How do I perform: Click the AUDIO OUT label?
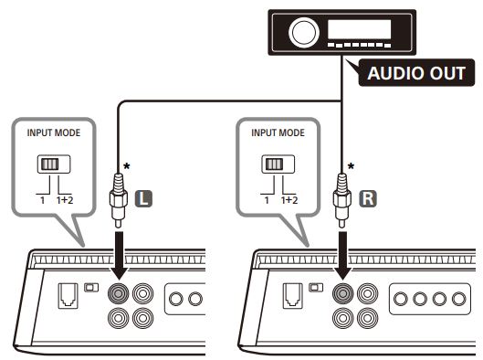click(x=416, y=73)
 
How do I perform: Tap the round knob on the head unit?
click(x=304, y=32)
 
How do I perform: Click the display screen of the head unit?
click(x=359, y=29)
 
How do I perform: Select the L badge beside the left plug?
click(x=143, y=198)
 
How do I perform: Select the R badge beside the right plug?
click(x=368, y=198)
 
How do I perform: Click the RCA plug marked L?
click(x=119, y=200)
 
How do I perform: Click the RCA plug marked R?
click(x=342, y=200)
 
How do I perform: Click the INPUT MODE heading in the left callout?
click(x=54, y=132)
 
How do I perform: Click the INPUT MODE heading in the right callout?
click(x=278, y=132)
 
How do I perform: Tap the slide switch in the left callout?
click(x=54, y=164)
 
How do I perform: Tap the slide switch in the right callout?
click(x=278, y=164)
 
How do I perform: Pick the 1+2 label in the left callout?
click(x=65, y=200)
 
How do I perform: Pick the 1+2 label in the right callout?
click(x=289, y=200)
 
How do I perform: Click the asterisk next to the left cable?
click(x=127, y=166)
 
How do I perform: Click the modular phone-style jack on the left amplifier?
click(x=68, y=296)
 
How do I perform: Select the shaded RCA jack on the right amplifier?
click(x=342, y=293)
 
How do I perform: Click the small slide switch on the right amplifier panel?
click(x=316, y=288)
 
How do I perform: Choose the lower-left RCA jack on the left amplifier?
click(x=119, y=318)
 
